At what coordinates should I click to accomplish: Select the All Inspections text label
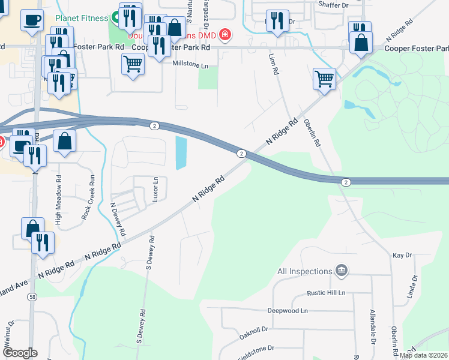point(304,272)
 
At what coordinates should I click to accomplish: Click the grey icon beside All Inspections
point(342,271)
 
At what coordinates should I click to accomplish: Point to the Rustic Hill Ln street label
point(324,293)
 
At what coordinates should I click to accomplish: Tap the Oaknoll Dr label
point(253,330)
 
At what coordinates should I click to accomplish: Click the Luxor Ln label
point(155,189)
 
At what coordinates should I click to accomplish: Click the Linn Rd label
point(276,63)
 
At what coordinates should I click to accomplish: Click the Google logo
point(19,352)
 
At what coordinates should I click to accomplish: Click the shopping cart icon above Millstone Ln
point(133,64)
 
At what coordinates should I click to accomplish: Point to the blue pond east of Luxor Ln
point(181,152)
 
